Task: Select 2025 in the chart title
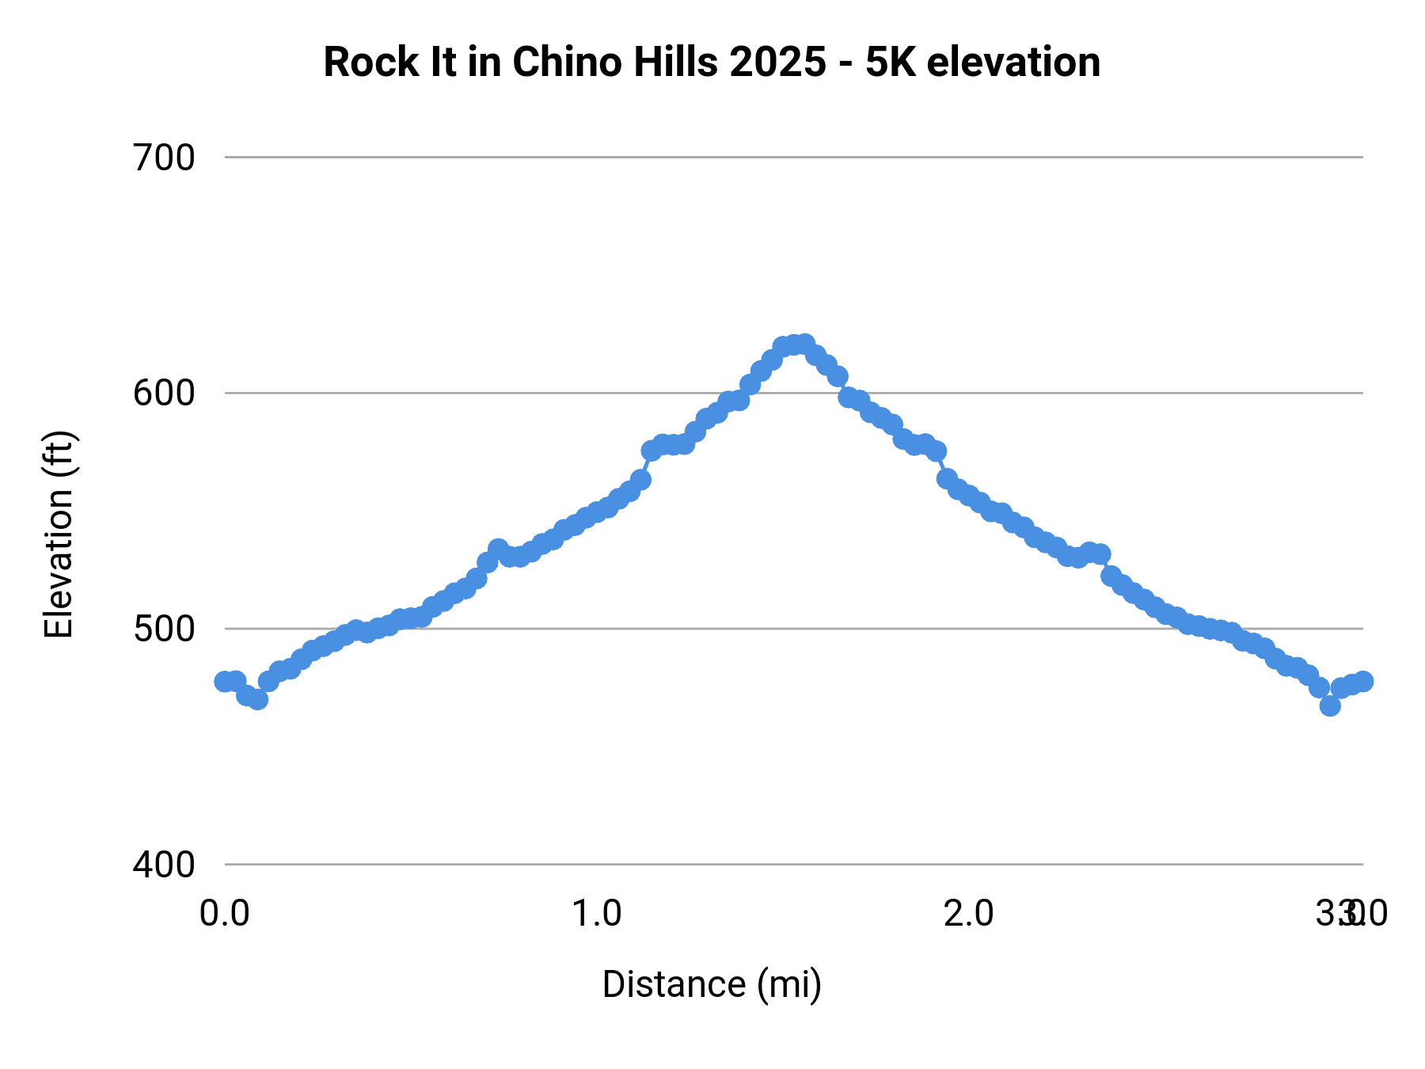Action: pyautogui.click(x=777, y=63)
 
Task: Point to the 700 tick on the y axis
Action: pyautogui.click(x=164, y=158)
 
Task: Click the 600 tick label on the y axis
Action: pyautogui.click(x=164, y=393)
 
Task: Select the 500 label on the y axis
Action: pyautogui.click(x=164, y=629)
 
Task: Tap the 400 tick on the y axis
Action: pyautogui.click(x=164, y=864)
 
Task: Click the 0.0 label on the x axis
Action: pyautogui.click(x=225, y=914)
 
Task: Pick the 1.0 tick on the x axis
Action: pyautogui.click(x=597, y=914)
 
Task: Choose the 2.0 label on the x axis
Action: pyautogui.click(x=969, y=914)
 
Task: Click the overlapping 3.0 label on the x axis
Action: pyautogui.click(x=1351, y=914)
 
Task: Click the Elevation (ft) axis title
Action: pyautogui.click(x=59, y=534)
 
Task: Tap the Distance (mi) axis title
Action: pyautogui.click(x=712, y=984)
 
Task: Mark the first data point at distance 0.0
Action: pyautogui.click(x=225, y=681)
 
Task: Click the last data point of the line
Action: pyautogui.click(x=1362, y=681)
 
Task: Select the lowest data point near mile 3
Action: pyautogui.click(x=1330, y=706)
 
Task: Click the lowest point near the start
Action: pyautogui.click(x=257, y=699)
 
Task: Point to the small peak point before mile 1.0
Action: pyautogui.click(x=498, y=549)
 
